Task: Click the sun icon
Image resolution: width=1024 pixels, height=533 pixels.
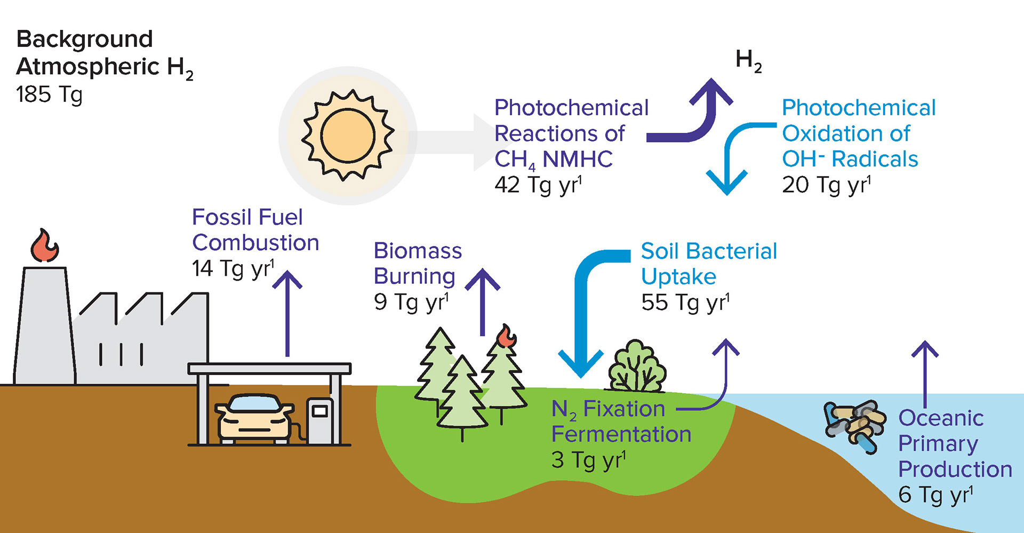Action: (348, 135)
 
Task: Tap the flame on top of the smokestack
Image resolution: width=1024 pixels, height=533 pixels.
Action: (44, 246)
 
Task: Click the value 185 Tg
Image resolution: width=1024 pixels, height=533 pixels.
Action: (49, 95)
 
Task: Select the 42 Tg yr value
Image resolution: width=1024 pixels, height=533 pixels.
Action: (538, 185)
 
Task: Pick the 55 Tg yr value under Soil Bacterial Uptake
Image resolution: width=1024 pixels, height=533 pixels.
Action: (685, 303)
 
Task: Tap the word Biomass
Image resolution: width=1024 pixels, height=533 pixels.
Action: (418, 251)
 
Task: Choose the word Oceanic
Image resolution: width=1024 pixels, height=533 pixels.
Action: (941, 418)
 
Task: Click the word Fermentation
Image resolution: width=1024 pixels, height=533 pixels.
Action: (621, 434)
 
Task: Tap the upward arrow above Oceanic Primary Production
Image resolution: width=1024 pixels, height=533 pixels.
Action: (925, 373)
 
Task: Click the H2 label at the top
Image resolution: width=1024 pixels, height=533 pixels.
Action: (748, 60)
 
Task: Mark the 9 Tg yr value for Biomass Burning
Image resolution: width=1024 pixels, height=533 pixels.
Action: (411, 302)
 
